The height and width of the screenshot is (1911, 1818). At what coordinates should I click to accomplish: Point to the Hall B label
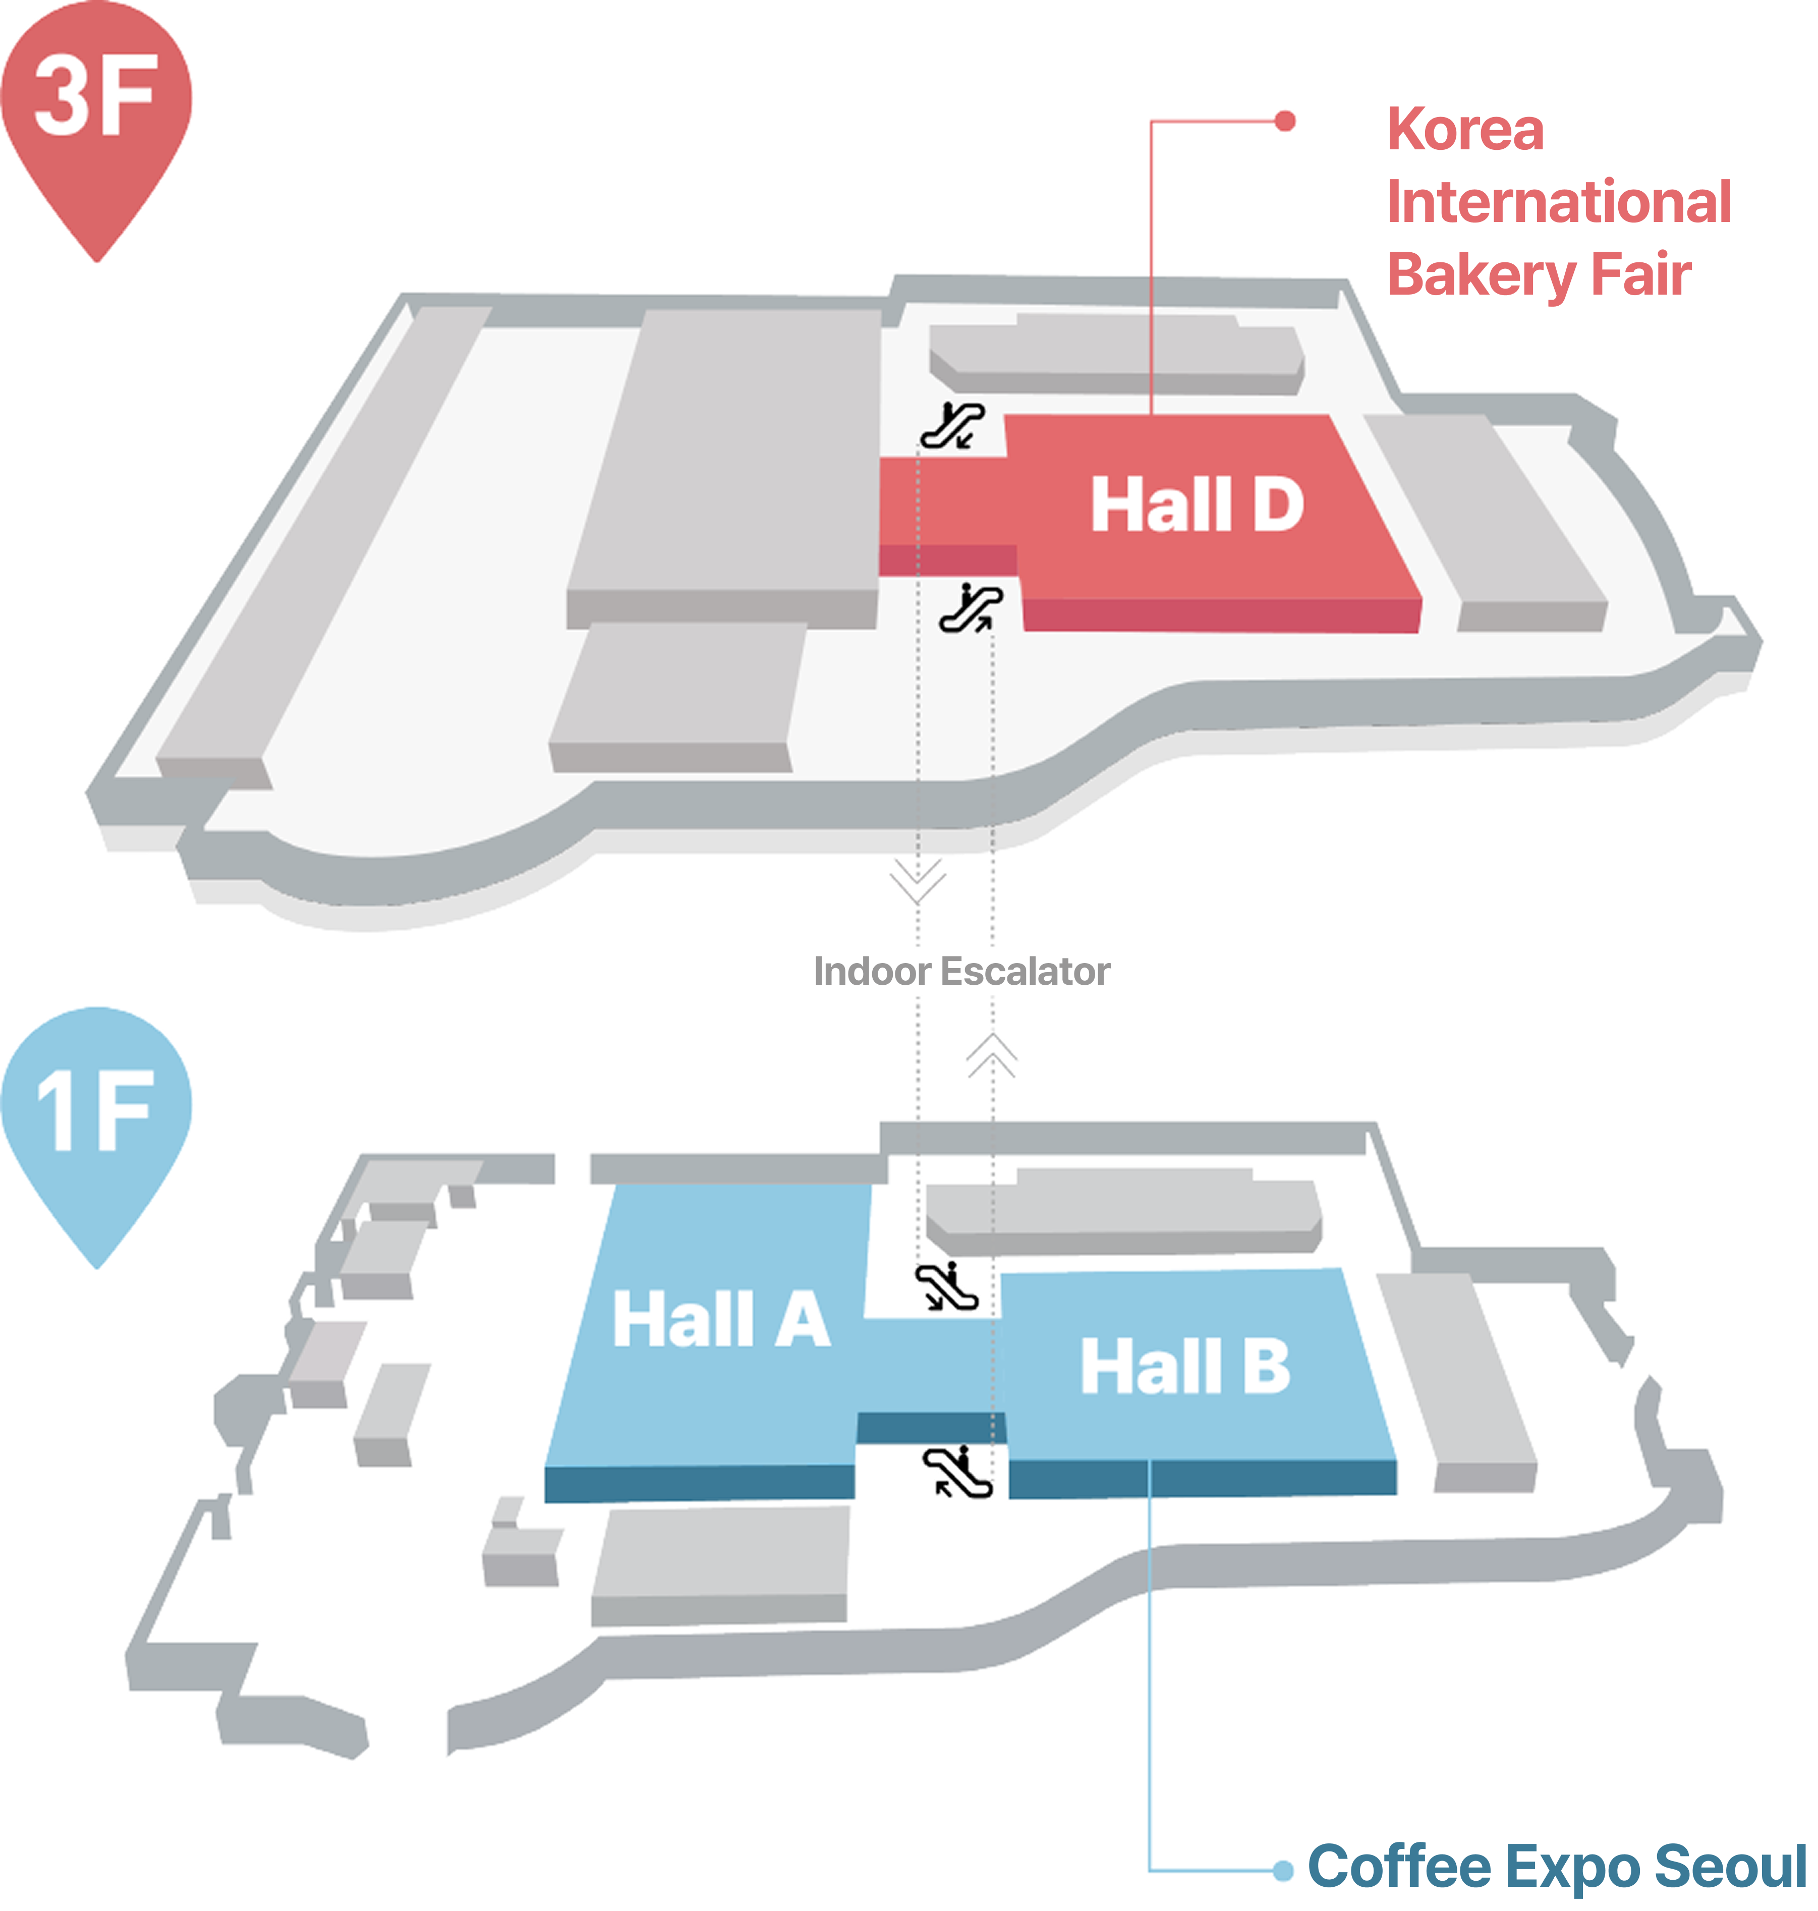coord(1186,1366)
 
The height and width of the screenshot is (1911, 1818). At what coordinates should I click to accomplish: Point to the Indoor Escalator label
coord(961,971)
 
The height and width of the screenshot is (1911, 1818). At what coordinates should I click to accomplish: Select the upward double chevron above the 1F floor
coord(991,1055)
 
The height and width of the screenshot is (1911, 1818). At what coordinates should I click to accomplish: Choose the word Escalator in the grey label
coord(1026,971)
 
